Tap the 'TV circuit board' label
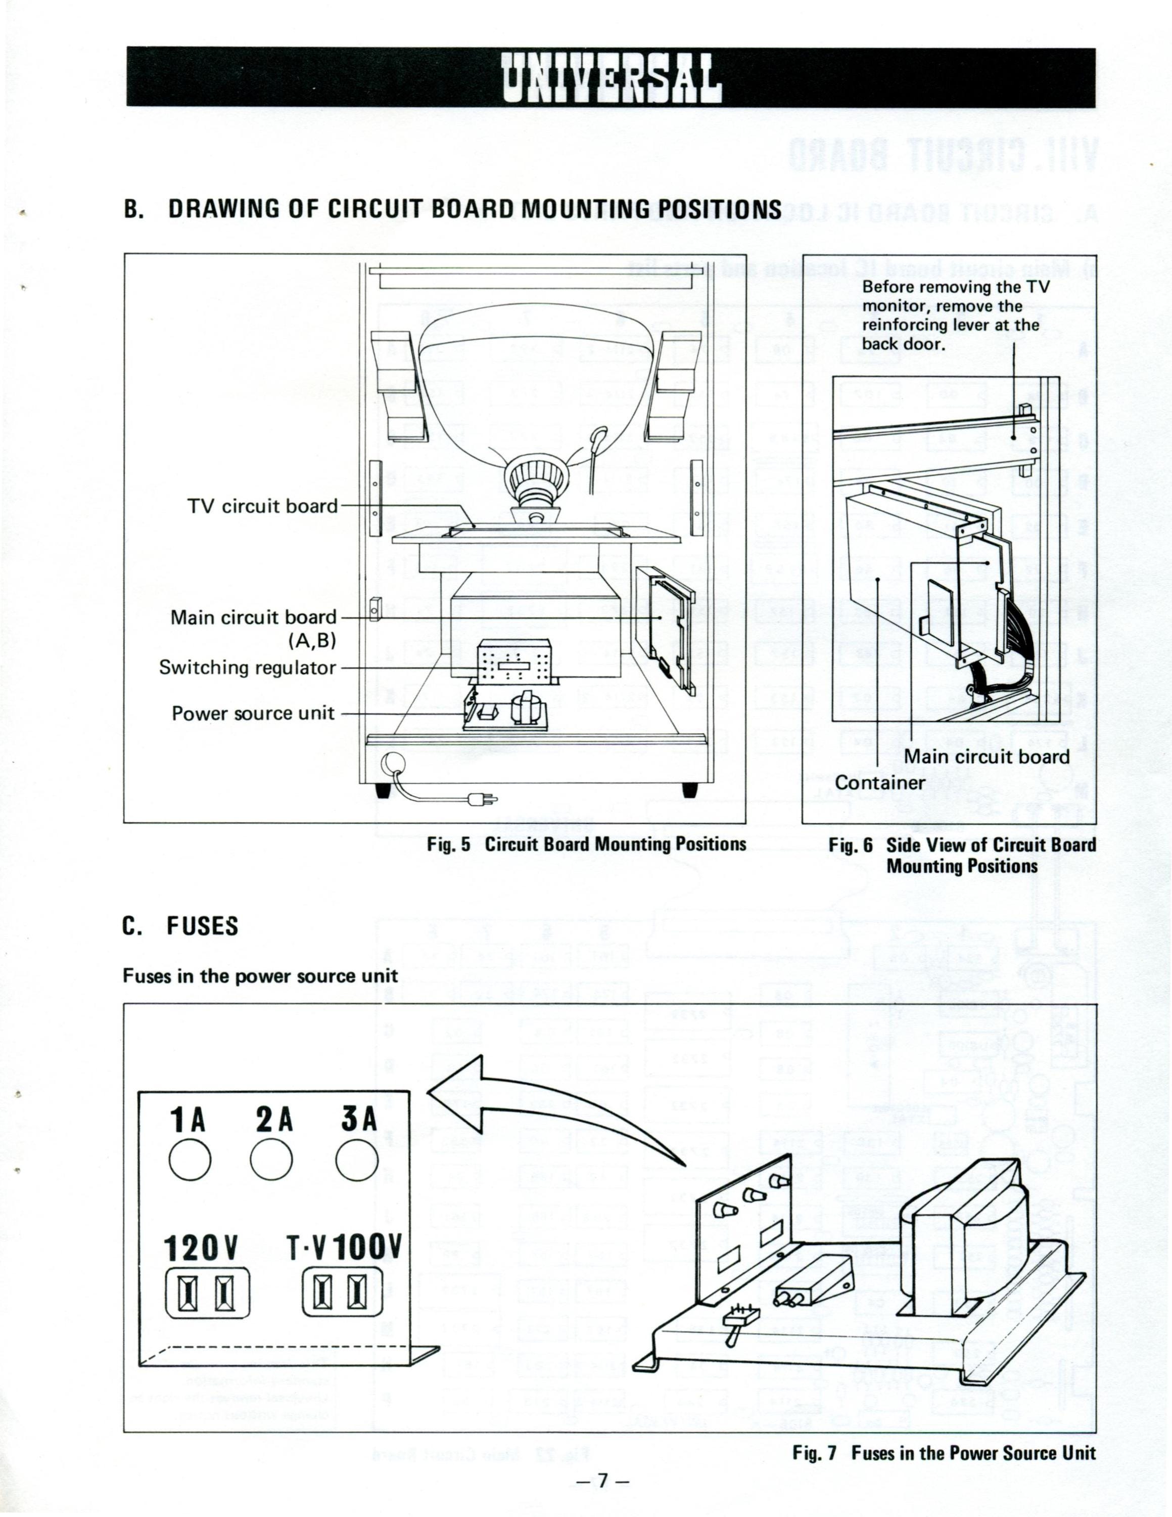point(262,506)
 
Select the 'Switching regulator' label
point(248,667)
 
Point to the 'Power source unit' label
point(253,713)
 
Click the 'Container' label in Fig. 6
point(880,782)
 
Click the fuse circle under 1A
point(190,1161)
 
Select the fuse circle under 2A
point(271,1161)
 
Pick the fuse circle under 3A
point(357,1161)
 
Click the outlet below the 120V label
point(206,1292)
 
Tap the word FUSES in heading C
point(202,926)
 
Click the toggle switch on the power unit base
point(737,1324)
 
